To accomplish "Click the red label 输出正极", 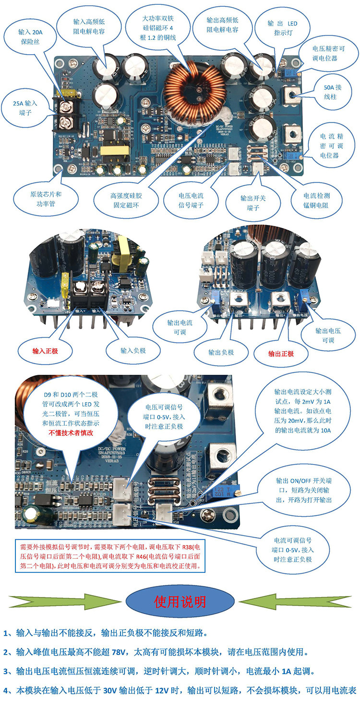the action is (281, 354).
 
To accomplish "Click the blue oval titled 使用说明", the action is (180, 602).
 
